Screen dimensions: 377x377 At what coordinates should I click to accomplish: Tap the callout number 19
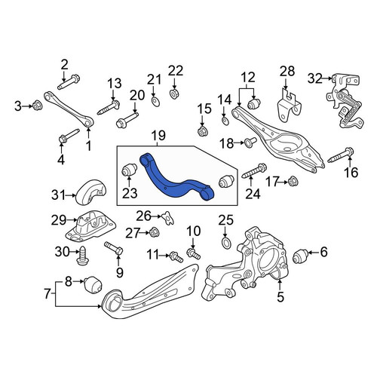click(158, 136)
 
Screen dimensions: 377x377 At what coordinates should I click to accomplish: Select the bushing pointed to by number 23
click(129, 170)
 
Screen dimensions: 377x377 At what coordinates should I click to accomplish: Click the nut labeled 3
click(37, 106)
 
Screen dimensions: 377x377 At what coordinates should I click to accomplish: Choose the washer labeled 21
click(156, 102)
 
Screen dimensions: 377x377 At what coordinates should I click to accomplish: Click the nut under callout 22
click(173, 94)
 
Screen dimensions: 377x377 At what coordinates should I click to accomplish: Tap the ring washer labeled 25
click(226, 244)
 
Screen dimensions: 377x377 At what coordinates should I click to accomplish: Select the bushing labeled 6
click(301, 256)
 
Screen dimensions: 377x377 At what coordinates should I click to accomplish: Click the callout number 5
click(280, 296)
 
